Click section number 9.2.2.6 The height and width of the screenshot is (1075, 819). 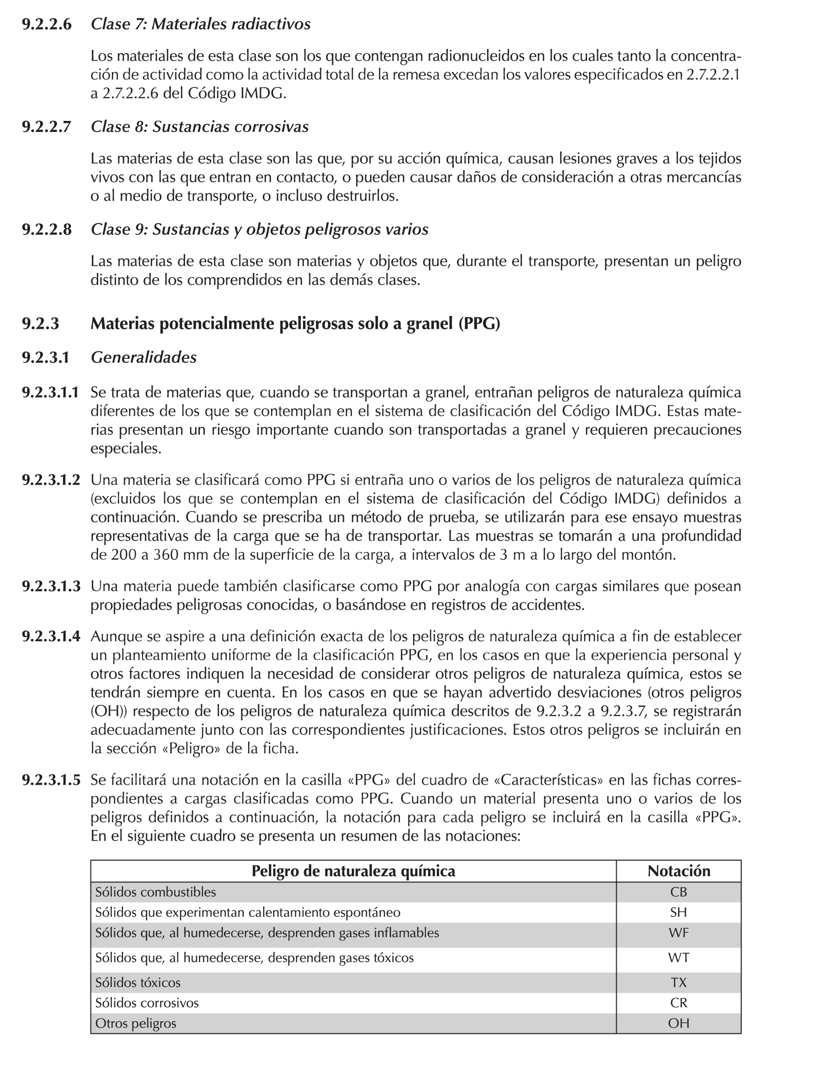click(x=46, y=24)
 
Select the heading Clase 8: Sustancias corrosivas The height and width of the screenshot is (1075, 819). click(x=199, y=127)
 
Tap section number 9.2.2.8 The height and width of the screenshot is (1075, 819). click(x=46, y=229)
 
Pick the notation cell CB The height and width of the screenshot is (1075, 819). click(x=678, y=892)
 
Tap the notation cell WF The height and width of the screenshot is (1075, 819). click(x=678, y=933)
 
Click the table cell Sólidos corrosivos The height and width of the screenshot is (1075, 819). click(x=147, y=1003)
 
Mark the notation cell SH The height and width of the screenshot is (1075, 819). click(x=678, y=913)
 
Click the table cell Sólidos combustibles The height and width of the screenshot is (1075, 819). click(x=155, y=892)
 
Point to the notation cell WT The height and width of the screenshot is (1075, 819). click(x=678, y=958)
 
